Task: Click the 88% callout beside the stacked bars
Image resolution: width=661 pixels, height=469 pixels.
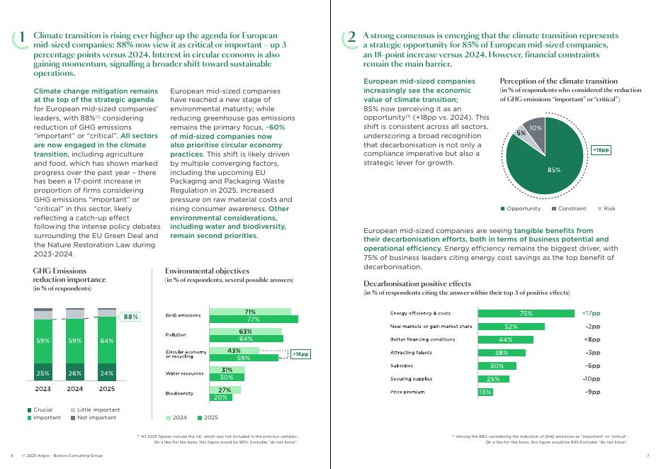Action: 131,317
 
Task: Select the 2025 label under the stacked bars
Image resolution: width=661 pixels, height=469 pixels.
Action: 106,389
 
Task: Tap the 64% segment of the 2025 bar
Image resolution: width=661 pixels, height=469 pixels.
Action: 106,341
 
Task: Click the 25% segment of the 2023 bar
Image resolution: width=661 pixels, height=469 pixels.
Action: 43,373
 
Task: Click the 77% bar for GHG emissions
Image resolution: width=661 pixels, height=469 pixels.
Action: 254,320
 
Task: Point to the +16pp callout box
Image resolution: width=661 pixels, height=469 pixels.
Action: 300,354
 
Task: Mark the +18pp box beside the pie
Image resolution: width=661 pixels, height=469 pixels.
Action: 601,150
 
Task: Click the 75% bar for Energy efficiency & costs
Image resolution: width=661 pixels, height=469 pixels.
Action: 526,313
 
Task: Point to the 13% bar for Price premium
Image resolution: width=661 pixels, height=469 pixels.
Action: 485,392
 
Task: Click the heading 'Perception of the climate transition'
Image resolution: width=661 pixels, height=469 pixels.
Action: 558,81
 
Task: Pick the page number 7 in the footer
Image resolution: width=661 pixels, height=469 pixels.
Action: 648,455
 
